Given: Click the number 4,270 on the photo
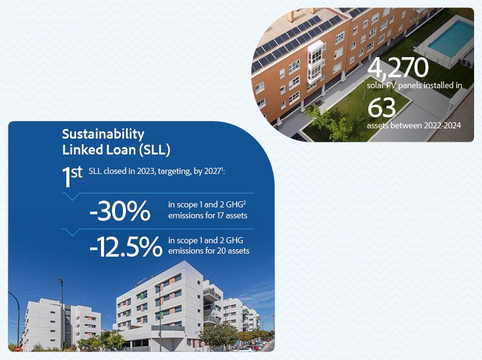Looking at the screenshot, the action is pos(398,67).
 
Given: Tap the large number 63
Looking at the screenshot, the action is pos(382,108).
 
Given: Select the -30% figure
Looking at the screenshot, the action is pos(120,211).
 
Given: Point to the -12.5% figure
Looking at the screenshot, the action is pos(126,247).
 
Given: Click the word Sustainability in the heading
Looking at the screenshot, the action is pos(103,134).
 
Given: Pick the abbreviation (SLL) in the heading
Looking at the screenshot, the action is pos(155,150).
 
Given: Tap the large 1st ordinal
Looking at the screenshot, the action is pos(72,176).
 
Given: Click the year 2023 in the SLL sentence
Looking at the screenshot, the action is pos(146,171).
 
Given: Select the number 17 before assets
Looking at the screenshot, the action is pos(220,216).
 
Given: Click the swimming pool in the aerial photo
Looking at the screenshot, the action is pos(450,38).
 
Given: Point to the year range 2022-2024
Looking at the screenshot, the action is pos(442,125).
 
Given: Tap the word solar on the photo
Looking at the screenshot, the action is pos(375,85).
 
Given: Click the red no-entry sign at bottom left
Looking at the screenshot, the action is pos(18,348).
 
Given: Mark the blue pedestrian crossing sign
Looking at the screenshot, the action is pos(237,343).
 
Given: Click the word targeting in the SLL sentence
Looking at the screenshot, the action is pos(174,171).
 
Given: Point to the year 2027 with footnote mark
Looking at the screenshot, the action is pos(214,171).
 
